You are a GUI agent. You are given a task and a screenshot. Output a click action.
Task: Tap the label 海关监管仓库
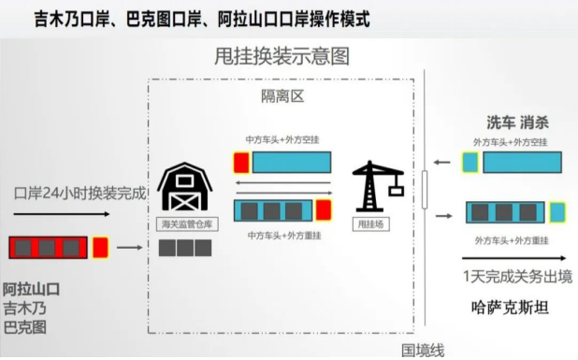pyautogui.click(x=183, y=225)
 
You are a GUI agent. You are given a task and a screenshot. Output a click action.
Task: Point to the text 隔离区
pyautogui.click(x=282, y=96)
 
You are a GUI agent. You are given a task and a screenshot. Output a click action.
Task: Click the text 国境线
pyautogui.click(x=424, y=349)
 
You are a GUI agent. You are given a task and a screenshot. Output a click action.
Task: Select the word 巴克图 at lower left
pyautogui.click(x=26, y=327)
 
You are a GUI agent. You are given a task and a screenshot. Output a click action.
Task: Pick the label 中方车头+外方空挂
pyautogui.click(x=278, y=139)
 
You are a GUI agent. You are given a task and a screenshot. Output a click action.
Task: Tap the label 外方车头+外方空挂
pyautogui.click(x=511, y=141)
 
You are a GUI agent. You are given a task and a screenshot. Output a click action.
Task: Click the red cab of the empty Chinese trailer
pyautogui.click(x=241, y=163)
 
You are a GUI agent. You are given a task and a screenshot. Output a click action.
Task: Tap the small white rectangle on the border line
pyautogui.click(x=425, y=190)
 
